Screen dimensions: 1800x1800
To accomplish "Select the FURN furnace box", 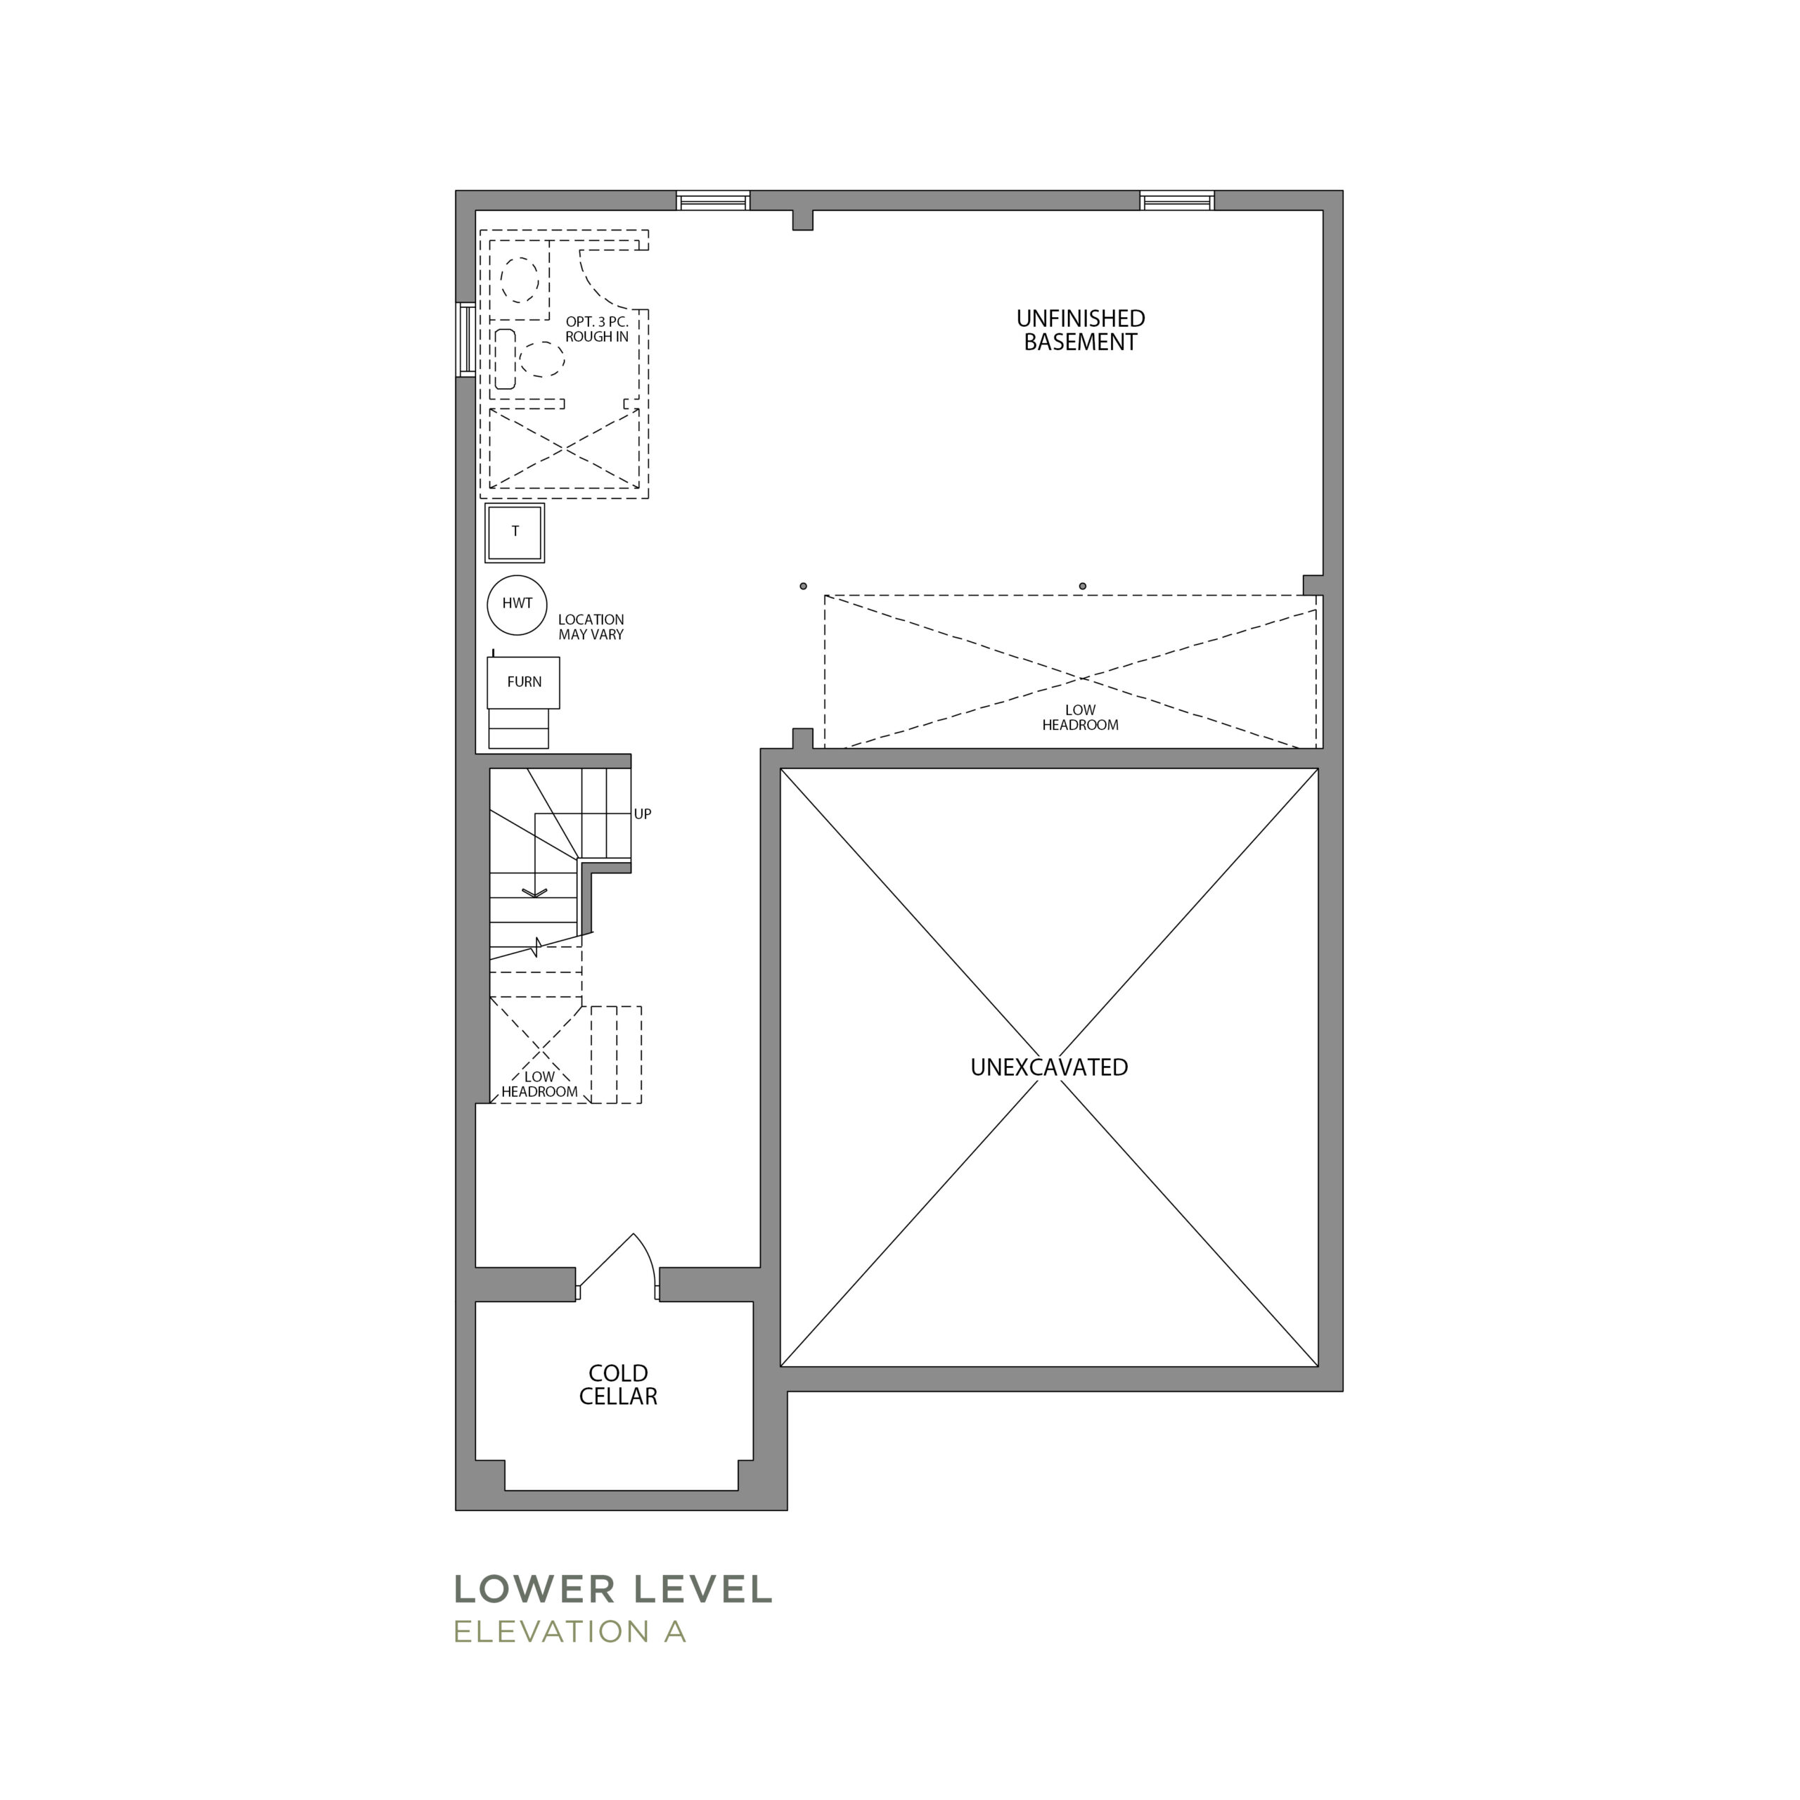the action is (524, 682).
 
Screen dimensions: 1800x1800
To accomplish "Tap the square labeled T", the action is (515, 532).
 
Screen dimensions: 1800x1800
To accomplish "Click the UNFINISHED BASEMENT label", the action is (1081, 330).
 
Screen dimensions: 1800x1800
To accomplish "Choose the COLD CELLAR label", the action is (619, 1384).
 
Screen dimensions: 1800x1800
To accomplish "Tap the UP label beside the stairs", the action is (643, 814).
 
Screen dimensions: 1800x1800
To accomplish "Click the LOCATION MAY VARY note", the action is (591, 627).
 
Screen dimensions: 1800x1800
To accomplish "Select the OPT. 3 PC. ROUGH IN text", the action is (597, 329).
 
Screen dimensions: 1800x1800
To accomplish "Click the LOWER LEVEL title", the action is (613, 1590).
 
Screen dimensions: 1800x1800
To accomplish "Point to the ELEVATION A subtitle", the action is (570, 1631).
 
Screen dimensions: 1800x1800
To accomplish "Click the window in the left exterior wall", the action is (466, 340).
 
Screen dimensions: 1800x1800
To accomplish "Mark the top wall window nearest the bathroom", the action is (714, 200).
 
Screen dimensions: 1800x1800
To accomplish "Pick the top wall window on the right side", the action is (1178, 200).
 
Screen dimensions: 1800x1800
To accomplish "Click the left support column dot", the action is (803, 586).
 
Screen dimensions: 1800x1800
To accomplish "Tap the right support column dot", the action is (1083, 586).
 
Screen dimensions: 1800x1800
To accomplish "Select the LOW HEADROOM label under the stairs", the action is (539, 1084).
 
